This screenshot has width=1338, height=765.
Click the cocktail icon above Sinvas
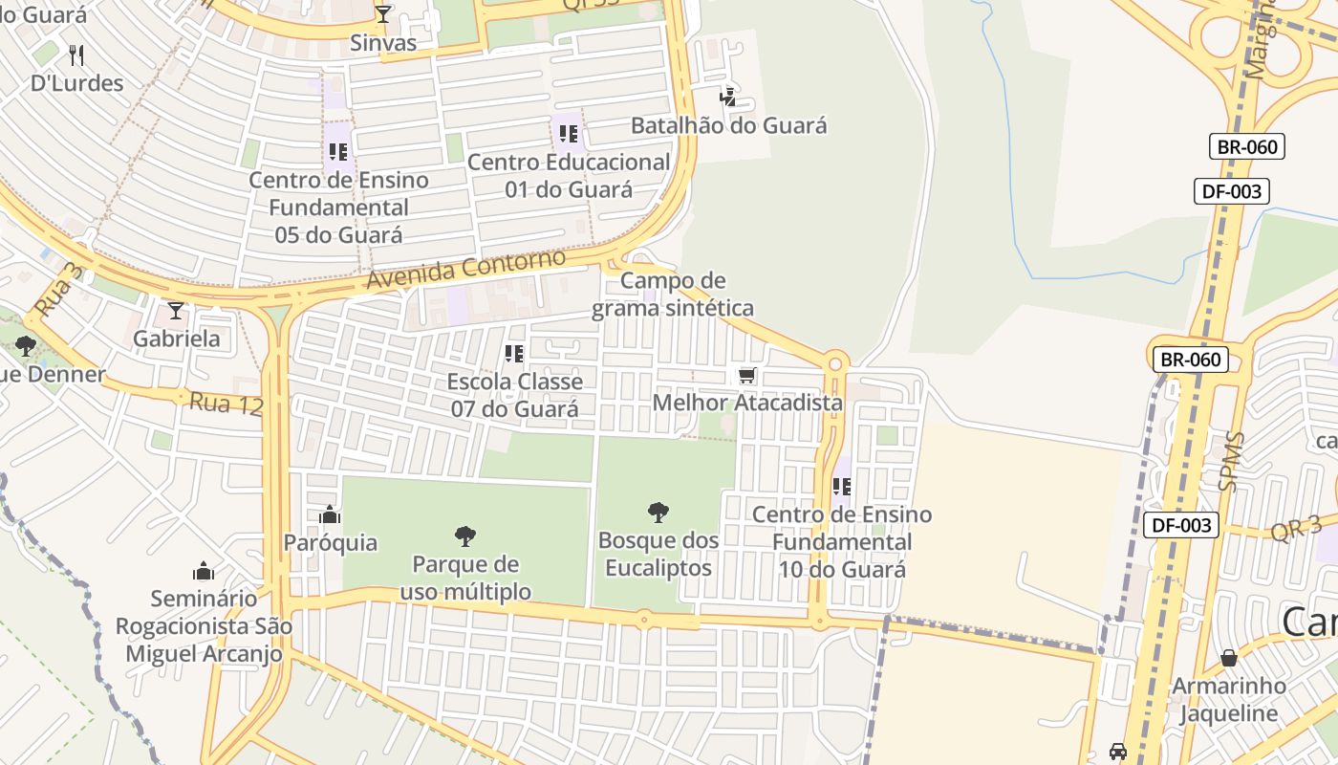coord(383,13)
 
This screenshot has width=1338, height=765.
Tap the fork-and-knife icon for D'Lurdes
coord(77,55)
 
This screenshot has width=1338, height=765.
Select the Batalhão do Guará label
coord(728,125)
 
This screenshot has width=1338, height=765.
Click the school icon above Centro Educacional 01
coord(569,134)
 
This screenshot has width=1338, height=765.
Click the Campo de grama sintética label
coord(673,295)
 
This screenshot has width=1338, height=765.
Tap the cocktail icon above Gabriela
coord(175,311)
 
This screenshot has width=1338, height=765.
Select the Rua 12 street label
coord(226,404)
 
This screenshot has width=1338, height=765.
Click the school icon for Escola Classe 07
coord(514,354)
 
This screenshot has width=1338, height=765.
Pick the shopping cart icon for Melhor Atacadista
coord(747,375)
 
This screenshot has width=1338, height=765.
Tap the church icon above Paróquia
coord(330,515)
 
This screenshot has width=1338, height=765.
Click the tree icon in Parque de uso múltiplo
coord(465,535)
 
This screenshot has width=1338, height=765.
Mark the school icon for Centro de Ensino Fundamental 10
coord(842,487)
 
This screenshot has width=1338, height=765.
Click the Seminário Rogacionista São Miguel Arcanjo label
coord(204,626)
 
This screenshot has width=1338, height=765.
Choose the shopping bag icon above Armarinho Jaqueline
coord(1229,658)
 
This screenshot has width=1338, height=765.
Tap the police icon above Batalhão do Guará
coord(728,97)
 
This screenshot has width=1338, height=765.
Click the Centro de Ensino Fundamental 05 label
coord(338,208)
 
